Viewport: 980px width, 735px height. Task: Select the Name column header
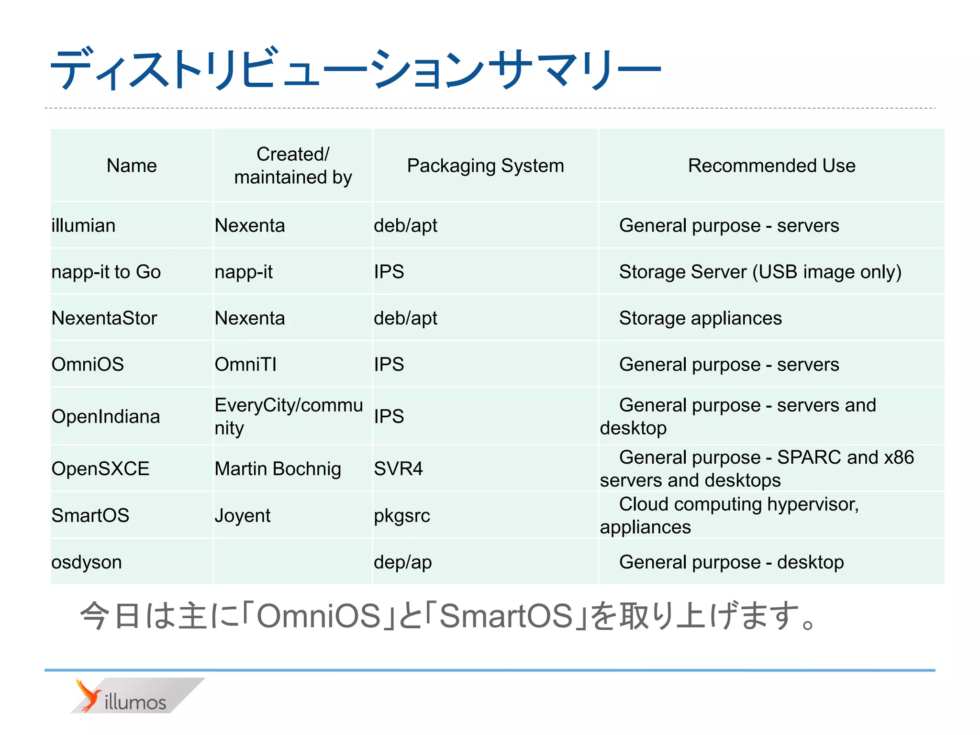coord(132,166)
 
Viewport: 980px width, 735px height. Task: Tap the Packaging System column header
coord(485,166)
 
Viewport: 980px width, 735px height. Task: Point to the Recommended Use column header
coord(771,166)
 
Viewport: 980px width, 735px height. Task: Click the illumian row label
coord(84,225)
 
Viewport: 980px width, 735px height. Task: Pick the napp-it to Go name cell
coord(106,272)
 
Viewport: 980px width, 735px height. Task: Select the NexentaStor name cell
coord(104,318)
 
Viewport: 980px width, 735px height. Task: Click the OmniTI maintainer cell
coord(245,365)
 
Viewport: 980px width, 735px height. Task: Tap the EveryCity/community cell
coord(289,416)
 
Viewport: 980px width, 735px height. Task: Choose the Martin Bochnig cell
coord(278,468)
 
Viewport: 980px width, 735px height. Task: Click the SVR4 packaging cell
coord(398,468)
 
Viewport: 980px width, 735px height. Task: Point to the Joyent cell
coord(243,515)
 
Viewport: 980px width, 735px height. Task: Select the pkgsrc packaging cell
coord(402,515)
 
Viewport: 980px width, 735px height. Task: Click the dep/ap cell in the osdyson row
coord(403,562)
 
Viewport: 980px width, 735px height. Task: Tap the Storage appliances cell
coord(700,318)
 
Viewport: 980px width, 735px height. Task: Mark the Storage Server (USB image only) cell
coord(760,272)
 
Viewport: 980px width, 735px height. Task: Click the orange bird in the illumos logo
coord(88,695)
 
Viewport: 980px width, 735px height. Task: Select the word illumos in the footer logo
coord(135,702)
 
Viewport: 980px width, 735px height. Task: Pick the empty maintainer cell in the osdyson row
coord(292,562)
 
